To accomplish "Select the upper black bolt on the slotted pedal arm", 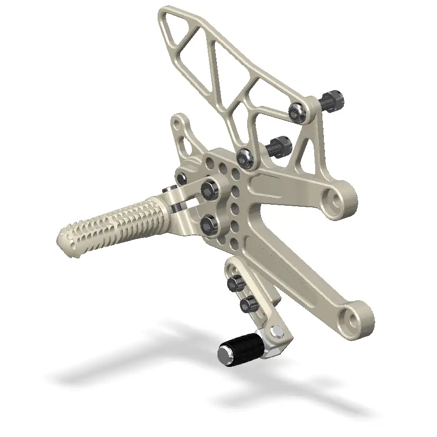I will [x=236, y=282].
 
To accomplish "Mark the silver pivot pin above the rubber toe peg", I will [x=276, y=332].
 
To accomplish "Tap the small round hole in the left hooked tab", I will [x=177, y=123].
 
